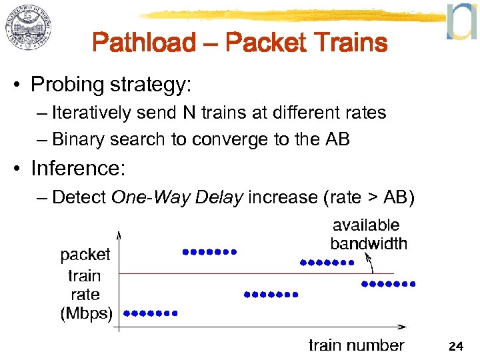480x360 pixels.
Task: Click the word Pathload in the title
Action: (144, 43)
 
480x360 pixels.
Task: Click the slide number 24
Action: (456, 346)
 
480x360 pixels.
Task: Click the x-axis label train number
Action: (356, 345)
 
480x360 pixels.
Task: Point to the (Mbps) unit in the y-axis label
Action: (86, 313)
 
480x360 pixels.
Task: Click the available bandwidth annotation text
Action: (368, 235)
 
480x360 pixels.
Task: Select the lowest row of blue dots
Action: (151, 312)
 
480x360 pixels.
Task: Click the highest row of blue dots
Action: (209, 252)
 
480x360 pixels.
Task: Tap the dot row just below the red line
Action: (388, 284)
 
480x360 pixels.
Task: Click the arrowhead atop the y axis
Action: (118, 235)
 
